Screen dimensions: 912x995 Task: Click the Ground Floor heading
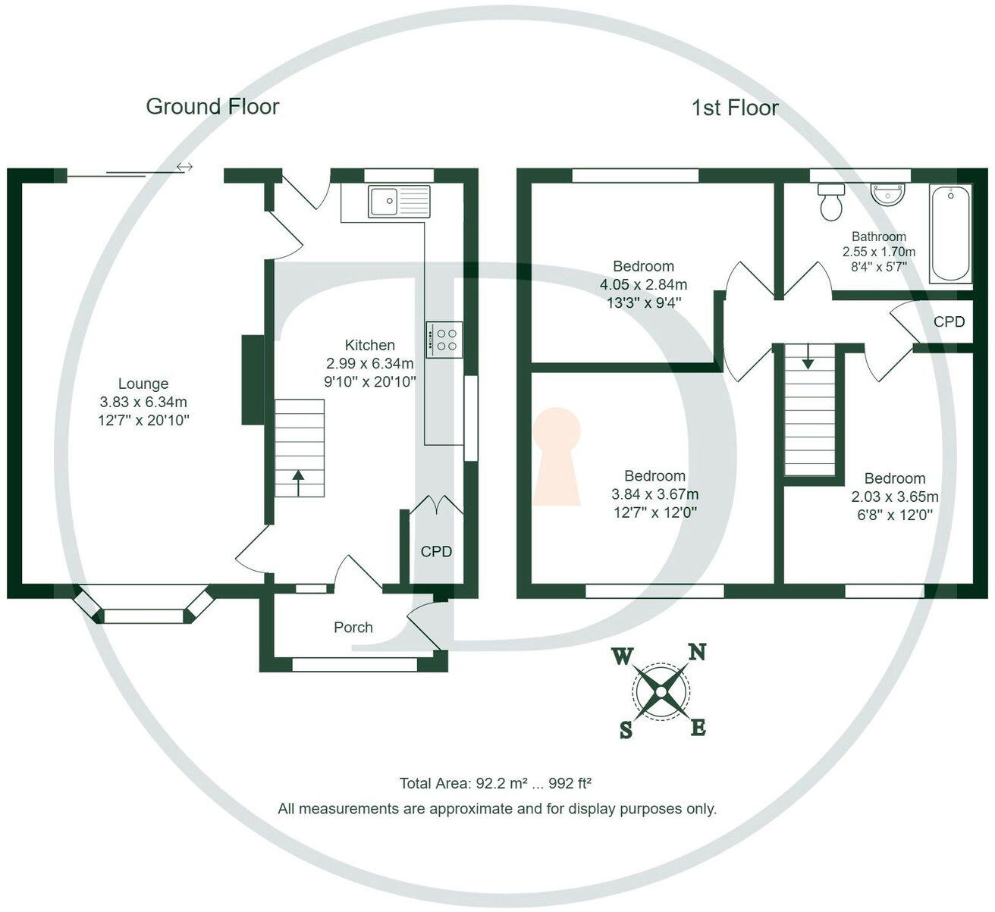click(x=212, y=107)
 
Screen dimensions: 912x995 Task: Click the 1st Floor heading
click(x=734, y=108)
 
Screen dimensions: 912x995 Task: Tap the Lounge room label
click(x=143, y=384)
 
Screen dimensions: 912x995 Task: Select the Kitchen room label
click(x=370, y=345)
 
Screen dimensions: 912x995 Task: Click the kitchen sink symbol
click(x=399, y=201)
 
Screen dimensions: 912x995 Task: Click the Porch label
click(x=353, y=627)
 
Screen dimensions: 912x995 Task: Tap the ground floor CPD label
click(x=436, y=551)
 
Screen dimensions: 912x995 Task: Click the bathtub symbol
click(x=950, y=233)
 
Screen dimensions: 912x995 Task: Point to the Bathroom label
click(x=878, y=237)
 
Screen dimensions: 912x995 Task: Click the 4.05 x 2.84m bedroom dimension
click(x=643, y=285)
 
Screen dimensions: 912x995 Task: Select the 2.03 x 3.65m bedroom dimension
click(x=895, y=497)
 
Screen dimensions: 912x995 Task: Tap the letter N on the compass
click(x=697, y=651)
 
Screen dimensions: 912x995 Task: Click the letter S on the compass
click(x=626, y=729)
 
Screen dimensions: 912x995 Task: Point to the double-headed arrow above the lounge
click(x=184, y=167)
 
